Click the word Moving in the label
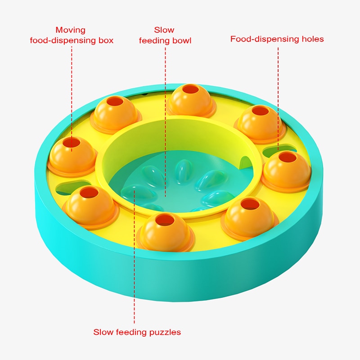coord(71,30)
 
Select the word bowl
coord(182,40)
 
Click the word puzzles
coord(165,333)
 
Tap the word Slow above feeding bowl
coord(164,30)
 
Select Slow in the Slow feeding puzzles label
coord(103,332)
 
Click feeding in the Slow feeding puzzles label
coord(131,333)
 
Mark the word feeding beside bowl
coord(154,41)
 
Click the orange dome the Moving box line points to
coord(72,156)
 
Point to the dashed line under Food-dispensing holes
coord(278,99)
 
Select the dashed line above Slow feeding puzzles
coord(134,255)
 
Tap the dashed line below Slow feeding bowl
coord(165,122)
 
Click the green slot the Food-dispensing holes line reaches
coord(279,150)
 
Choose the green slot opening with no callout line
coord(70,187)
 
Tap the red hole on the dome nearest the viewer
coord(165,220)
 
